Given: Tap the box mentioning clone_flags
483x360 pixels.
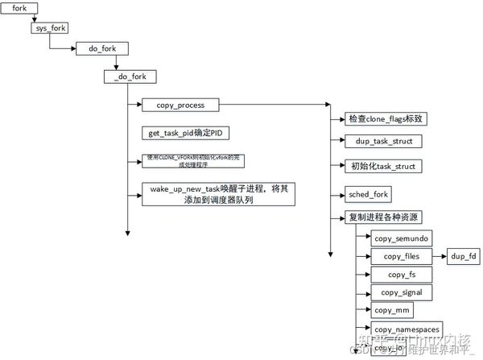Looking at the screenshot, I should (386, 119).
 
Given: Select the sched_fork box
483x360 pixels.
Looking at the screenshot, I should (368, 194).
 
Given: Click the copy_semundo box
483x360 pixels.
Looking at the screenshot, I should (402, 238).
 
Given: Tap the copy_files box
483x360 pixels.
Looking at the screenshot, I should (402, 257).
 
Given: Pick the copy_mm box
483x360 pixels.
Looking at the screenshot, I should (396, 310).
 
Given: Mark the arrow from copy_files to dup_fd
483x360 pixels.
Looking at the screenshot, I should (440, 257).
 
